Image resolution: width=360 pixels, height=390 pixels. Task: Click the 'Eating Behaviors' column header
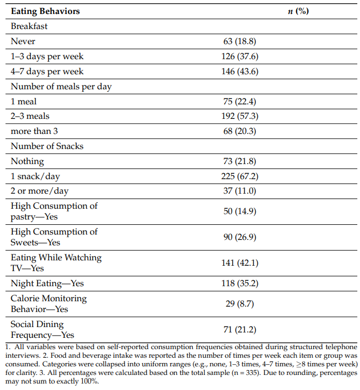click(x=44, y=11)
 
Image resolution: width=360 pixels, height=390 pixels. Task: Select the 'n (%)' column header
click(x=298, y=11)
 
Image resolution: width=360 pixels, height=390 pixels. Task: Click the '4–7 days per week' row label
click(x=47, y=71)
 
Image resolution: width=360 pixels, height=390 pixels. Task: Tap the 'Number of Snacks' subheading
click(x=47, y=146)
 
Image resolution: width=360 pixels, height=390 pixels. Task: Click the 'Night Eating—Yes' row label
click(x=47, y=283)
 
